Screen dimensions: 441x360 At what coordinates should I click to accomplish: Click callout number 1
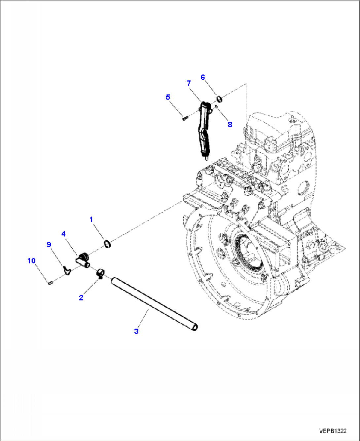(91, 219)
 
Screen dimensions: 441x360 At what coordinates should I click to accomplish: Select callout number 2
(81, 298)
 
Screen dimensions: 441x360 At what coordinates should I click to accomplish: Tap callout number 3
(136, 331)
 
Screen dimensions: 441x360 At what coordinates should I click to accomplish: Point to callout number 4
(63, 234)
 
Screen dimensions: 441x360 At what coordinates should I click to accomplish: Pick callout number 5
(168, 97)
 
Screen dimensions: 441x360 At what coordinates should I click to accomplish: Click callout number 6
(203, 77)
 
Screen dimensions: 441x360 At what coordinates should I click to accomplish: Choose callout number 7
(189, 83)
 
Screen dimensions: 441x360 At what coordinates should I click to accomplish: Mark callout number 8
(230, 124)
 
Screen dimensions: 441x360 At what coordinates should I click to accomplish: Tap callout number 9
(49, 245)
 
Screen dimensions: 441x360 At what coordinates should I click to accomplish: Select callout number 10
(31, 261)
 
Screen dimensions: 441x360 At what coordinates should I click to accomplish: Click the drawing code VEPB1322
(333, 431)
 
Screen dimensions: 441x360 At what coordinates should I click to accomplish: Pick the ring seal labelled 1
(107, 244)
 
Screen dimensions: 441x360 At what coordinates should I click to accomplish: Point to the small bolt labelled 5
(185, 117)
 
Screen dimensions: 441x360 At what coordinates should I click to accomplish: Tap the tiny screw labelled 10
(50, 283)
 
